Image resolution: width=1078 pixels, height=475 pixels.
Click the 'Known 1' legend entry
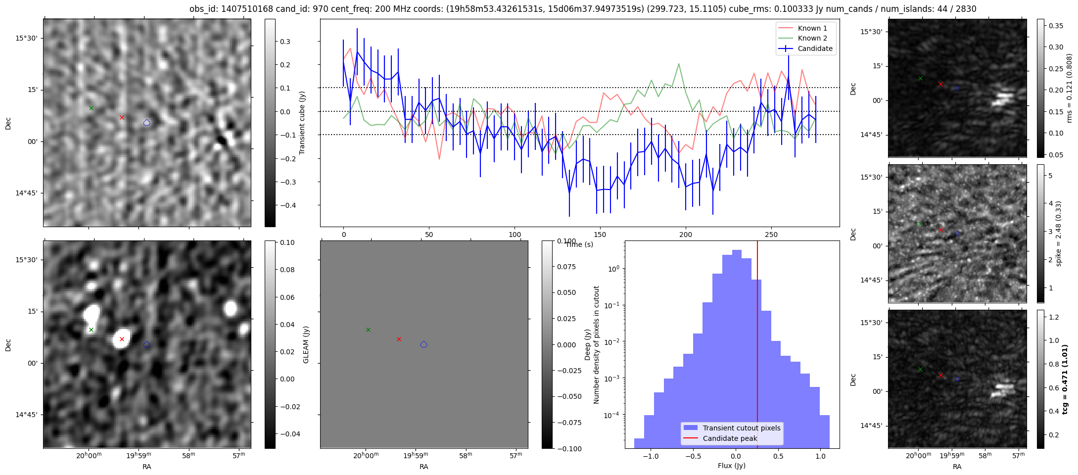812,28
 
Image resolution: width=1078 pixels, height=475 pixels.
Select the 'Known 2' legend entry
812,38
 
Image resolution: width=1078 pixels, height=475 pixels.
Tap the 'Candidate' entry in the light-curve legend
815,48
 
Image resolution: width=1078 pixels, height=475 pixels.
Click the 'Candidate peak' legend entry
730,438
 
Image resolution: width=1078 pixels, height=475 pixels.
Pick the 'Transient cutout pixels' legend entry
741,428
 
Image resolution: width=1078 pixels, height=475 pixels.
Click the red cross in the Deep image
122,339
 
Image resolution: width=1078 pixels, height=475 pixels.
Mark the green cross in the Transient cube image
91,108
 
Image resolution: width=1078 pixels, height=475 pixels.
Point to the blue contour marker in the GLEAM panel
423,344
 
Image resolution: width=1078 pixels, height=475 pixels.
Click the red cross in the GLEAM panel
399,339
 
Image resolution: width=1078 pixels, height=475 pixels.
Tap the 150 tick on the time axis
600,235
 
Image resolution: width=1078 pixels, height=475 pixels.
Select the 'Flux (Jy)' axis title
732,466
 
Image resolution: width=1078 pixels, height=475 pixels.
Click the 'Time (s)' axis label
579,244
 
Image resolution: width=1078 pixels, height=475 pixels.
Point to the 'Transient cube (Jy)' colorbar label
302,123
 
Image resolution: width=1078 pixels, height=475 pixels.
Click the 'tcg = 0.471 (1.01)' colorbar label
1065,379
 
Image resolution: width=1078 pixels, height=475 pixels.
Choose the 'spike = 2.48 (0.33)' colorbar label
1058,234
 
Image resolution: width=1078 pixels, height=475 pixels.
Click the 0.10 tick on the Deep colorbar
287,242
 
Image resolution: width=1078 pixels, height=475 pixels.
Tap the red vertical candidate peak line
757,346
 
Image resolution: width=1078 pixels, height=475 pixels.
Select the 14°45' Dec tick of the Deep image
23,415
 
